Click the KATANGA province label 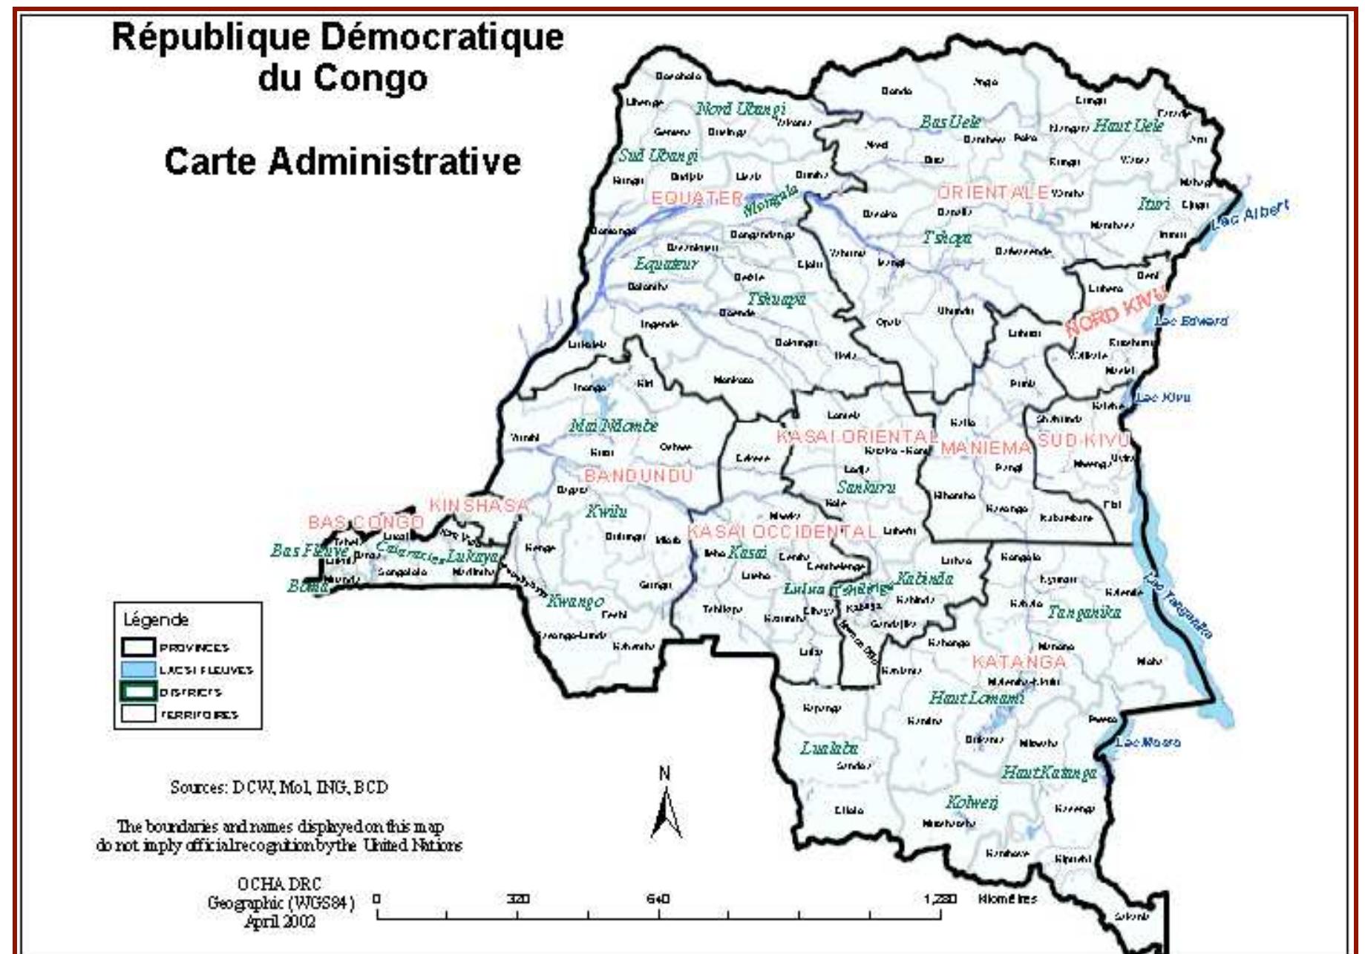(1018, 661)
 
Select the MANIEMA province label (985, 448)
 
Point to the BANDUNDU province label (638, 475)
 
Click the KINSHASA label (479, 506)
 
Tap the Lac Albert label (1251, 215)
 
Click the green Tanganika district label (1084, 612)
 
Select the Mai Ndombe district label (613, 425)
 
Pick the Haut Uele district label (1128, 125)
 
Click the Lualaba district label (829, 748)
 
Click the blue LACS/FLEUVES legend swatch (138, 669)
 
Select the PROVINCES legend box (138, 647)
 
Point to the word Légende (156, 619)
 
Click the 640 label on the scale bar (658, 899)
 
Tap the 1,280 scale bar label (940, 899)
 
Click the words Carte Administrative (342, 161)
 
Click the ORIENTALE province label (992, 192)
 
